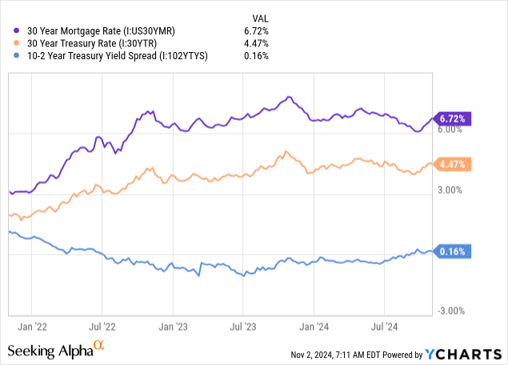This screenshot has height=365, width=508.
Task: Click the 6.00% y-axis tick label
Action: click(450, 130)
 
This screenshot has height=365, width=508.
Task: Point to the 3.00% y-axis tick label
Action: click(450, 191)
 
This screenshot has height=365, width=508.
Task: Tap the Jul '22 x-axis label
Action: click(102, 327)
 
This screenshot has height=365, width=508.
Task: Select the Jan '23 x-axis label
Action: click(173, 327)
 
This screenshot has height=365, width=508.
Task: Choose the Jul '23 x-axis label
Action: click(242, 327)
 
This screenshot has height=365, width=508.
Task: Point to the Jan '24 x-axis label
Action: click(314, 327)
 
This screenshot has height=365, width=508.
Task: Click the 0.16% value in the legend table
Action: click(256, 56)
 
